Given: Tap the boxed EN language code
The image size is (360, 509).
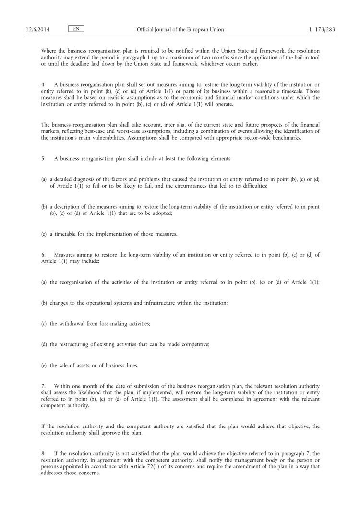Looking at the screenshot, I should pyautogui.click(x=76, y=29).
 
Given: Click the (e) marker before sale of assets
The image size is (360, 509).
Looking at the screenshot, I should pyautogui.click(x=44, y=366).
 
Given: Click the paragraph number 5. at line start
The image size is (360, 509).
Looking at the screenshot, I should pyautogui.click(x=44, y=159).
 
